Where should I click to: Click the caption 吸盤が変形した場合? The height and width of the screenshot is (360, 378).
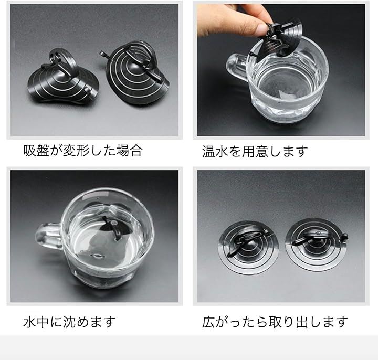coord(83,151)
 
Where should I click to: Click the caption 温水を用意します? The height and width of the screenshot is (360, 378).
coord(255,151)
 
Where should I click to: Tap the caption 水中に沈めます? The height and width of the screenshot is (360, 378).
coord(69,322)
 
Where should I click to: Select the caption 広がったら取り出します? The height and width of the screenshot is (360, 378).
coord(275,322)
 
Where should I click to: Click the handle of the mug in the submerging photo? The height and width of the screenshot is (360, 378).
coord(48,237)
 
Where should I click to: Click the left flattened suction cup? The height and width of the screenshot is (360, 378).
coord(248,247)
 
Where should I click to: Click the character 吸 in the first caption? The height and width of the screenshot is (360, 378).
coord(30,151)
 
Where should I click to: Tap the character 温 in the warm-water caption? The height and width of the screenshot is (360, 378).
coord(208,151)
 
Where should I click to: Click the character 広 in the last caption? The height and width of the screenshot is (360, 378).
coord(208,322)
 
